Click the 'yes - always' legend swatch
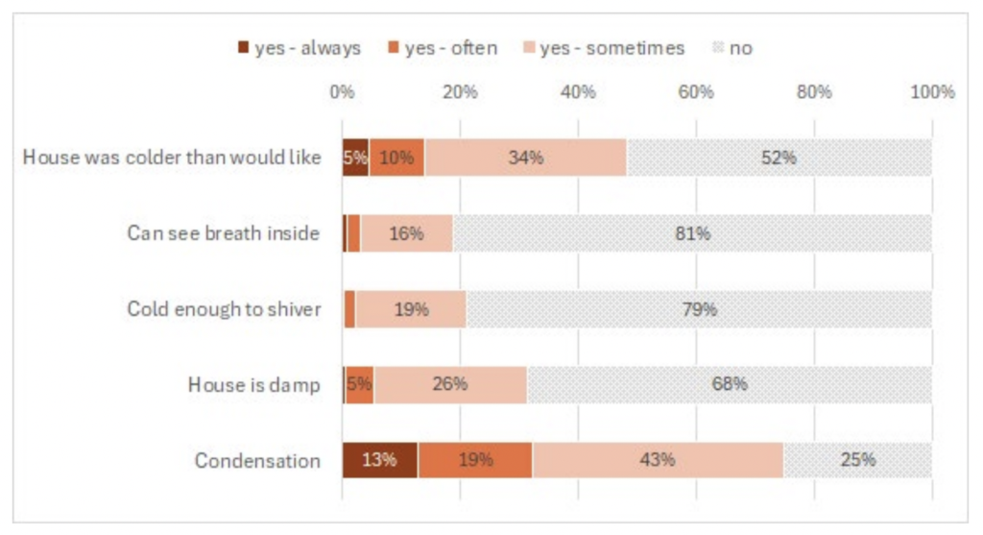point(243,48)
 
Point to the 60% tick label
point(696,92)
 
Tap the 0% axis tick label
point(342,92)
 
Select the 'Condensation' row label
point(257,461)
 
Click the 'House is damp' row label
point(253,385)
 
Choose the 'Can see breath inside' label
point(223,233)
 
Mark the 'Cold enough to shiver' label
point(224,309)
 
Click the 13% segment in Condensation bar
point(379,460)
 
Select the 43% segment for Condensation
point(658,460)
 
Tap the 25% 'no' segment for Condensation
point(857,460)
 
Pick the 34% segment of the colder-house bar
point(525,158)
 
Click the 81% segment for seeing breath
point(692,233)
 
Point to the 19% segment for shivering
point(411,309)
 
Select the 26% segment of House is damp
point(449,384)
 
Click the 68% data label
point(730,384)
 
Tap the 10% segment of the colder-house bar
point(396,158)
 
